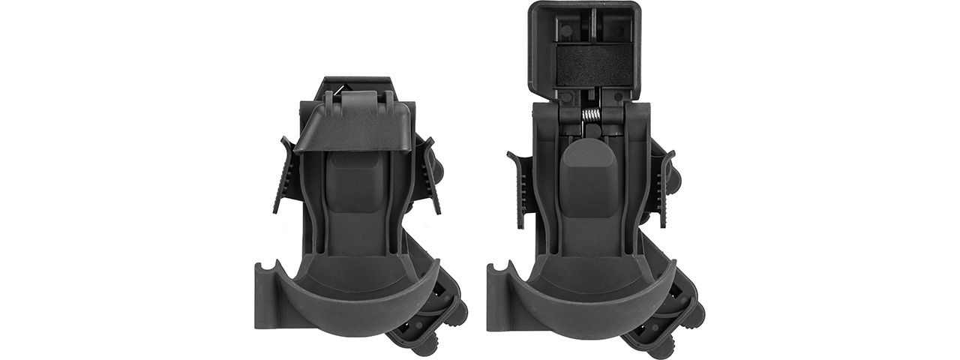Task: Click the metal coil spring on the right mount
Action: [x=591, y=117]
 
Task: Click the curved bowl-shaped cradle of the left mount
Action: [x=352, y=292]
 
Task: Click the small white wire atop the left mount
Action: [x=339, y=90]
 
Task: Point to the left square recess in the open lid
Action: [x=568, y=29]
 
